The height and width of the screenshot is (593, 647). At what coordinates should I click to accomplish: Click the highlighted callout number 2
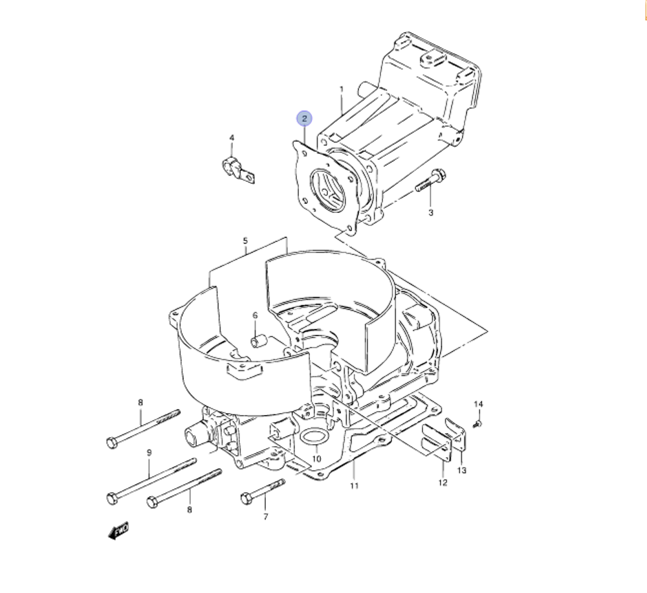pyautogui.click(x=304, y=119)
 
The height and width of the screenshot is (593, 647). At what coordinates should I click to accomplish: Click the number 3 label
pyautogui.click(x=430, y=212)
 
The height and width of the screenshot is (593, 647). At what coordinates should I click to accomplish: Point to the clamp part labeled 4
pyautogui.click(x=236, y=167)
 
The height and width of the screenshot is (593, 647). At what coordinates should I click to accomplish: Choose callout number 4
pyautogui.click(x=231, y=138)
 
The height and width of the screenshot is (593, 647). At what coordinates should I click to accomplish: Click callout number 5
pyautogui.click(x=245, y=241)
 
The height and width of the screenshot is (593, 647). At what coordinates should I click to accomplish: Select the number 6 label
pyautogui.click(x=255, y=315)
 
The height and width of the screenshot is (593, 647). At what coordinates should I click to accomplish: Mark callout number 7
pyautogui.click(x=265, y=516)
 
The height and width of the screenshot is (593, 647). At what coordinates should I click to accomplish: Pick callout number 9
pyautogui.click(x=148, y=453)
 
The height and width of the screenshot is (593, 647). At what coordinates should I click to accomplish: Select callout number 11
pyautogui.click(x=354, y=486)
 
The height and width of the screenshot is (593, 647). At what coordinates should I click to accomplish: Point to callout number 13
pyautogui.click(x=461, y=471)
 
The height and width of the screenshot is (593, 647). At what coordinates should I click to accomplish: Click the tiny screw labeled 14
pyautogui.click(x=477, y=423)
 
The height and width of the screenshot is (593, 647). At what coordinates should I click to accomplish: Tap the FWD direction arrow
pyautogui.click(x=118, y=531)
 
